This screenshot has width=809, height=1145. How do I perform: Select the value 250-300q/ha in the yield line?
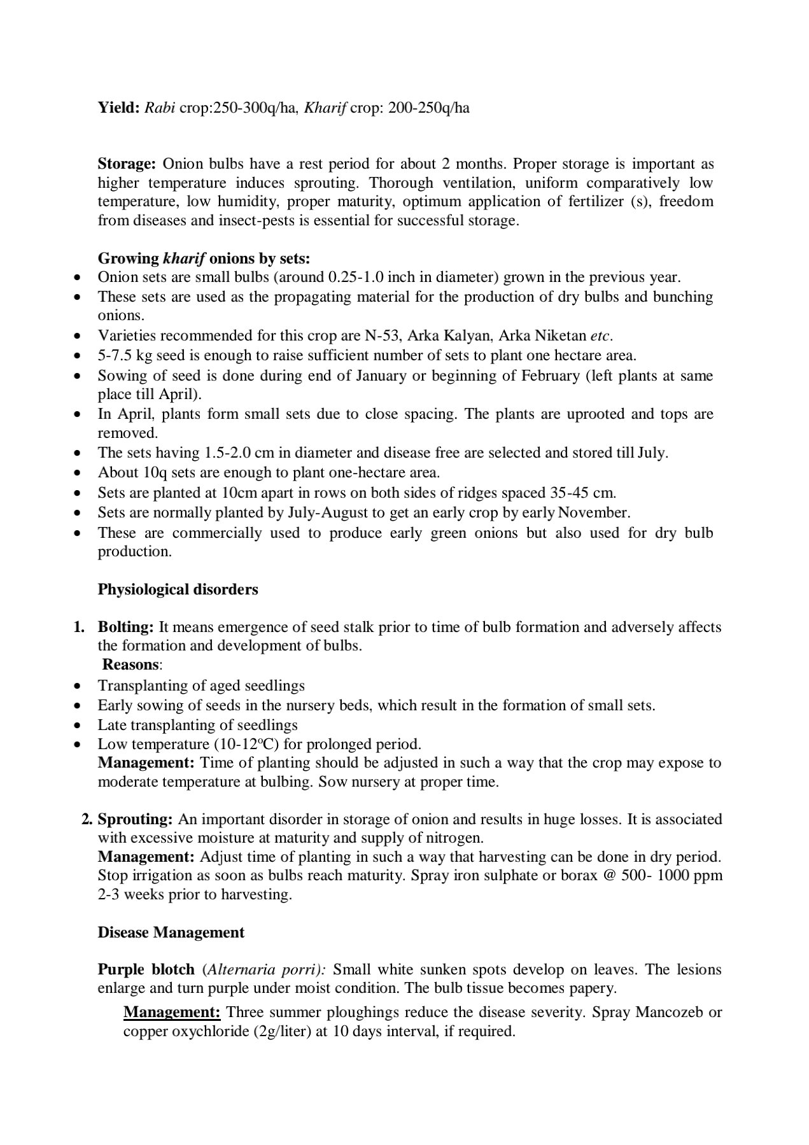pos(255,108)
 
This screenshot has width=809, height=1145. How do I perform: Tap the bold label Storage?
pos(127,164)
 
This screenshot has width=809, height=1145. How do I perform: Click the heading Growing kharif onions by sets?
pos(204,258)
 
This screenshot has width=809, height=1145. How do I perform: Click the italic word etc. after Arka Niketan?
pos(601,335)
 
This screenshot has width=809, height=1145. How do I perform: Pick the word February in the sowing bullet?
pos(549,376)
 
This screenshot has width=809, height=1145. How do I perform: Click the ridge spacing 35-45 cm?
pos(583,493)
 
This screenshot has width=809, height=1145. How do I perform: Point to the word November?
pos(596,512)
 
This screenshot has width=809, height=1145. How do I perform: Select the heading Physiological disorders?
pos(178,589)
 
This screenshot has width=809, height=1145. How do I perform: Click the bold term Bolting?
pos(125,627)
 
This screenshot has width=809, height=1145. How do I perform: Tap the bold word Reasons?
pos(130,664)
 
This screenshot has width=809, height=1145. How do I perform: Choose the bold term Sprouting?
pos(135,819)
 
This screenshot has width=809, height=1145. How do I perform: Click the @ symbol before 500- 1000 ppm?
pos(610,875)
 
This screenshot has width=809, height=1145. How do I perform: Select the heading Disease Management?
pos(171,932)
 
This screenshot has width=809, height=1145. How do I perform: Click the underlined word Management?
pos(172,1012)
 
